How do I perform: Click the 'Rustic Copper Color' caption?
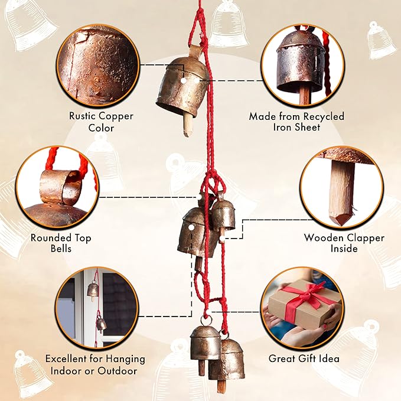pyautogui.click(x=101, y=122)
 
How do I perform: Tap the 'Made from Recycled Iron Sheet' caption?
pyautogui.click(x=296, y=122)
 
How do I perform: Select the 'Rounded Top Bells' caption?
pyautogui.click(x=61, y=243)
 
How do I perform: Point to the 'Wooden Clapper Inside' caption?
pyautogui.click(x=344, y=243)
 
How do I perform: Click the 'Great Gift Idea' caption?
pyautogui.click(x=304, y=358)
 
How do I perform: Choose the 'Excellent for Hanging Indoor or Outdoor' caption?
pyautogui.click(x=95, y=365)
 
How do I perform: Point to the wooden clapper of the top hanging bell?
pyautogui.click(x=188, y=125)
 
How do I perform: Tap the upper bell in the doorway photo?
pyautogui.click(x=93, y=289)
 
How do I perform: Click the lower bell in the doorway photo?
pyautogui.click(x=101, y=324)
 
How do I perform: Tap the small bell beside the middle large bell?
pyautogui.click(x=223, y=214)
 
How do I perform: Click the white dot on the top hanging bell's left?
pyautogui.click(x=183, y=80)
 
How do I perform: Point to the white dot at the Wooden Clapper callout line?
pyautogui.click(x=221, y=239)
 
